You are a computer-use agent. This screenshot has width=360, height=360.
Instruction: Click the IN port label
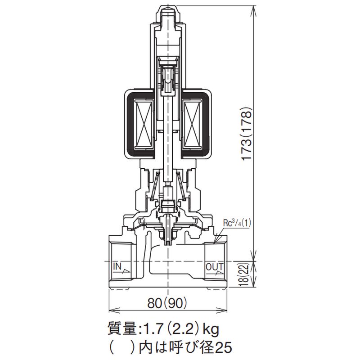[117, 266]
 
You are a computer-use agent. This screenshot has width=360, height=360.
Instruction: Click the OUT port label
[215, 267]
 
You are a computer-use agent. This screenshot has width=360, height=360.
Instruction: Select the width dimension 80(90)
[167, 303]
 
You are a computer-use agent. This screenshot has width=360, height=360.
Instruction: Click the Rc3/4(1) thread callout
[237, 223]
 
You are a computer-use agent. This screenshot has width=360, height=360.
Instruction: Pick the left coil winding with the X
[144, 125]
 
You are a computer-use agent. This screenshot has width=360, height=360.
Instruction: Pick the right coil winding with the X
[193, 125]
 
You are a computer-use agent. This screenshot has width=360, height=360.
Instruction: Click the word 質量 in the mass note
[122, 330]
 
